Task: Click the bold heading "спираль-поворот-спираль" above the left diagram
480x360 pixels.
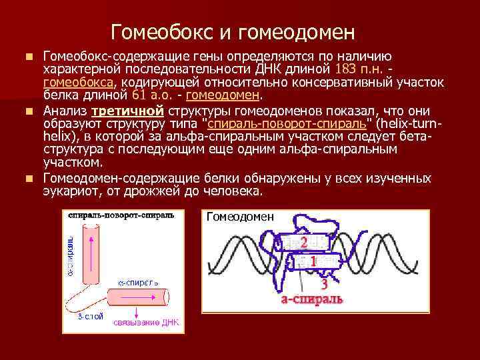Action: (121, 215)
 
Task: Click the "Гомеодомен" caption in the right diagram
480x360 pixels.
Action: (240, 217)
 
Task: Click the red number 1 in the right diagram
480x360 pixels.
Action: (313, 261)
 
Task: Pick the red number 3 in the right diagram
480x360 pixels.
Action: (323, 283)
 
